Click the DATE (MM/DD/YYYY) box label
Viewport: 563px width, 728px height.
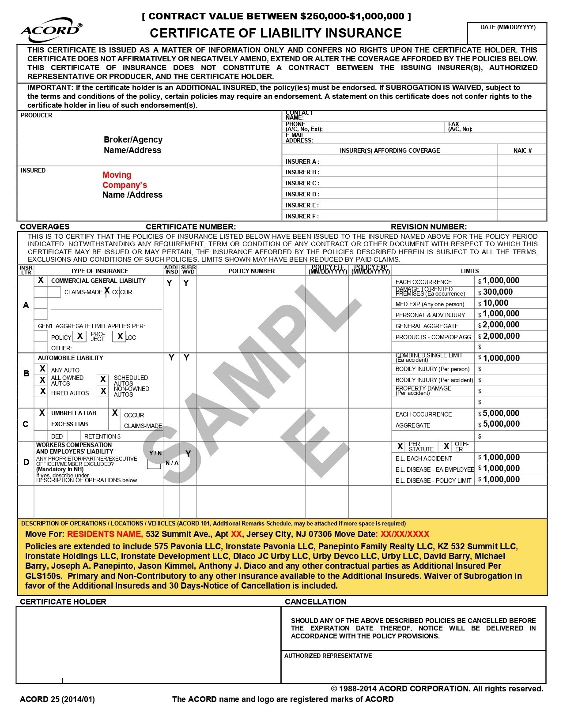(x=508, y=27)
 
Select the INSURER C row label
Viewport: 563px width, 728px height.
(x=302, y=183)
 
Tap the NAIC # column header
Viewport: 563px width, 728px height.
(x=522, y=150)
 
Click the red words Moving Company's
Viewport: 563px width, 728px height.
(x=124, y=180)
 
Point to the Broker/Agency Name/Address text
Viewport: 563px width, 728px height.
(x=133, y=145)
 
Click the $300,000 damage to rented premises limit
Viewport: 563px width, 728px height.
(x=498, y=292)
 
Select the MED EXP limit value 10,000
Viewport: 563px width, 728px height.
(x=495, y=303)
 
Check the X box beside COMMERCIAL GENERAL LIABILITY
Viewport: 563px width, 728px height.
(x=41, y=280)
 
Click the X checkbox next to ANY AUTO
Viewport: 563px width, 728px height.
(x=42, y=369)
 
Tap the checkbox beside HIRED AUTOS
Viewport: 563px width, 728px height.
(x=43, y=391)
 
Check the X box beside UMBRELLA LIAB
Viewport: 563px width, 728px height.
(x=42, y=413)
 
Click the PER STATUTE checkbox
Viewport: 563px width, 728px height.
(x=400, y=447)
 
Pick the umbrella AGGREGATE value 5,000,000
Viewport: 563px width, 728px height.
(x=501, y=424)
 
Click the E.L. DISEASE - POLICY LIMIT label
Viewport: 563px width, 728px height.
(x=433, y=480)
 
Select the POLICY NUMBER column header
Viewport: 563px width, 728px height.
(x=252, y=271)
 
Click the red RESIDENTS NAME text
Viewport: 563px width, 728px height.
(x=105, y=534)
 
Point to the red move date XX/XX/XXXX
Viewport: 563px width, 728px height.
(x=405, y=534)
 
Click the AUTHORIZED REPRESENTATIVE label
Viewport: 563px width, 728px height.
(x=328, y=656)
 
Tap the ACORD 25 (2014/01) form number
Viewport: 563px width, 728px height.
(x=57, y=699)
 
